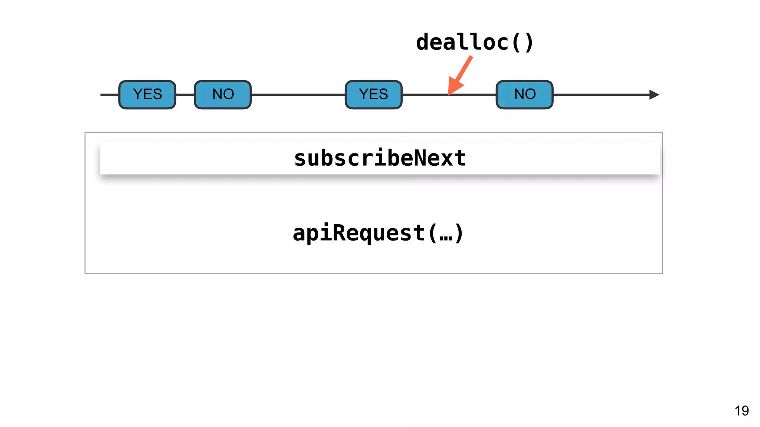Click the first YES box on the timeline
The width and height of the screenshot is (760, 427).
(x=147, y=95)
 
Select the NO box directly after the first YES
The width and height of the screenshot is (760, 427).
(x=223, y=95)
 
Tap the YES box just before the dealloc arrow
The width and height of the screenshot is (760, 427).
(x=373, y=95)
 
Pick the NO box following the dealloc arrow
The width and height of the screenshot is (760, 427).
(x=524, y=95)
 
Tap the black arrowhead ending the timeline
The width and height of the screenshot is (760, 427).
(x=654, y=95)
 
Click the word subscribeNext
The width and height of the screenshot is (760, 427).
(x=380, y=158)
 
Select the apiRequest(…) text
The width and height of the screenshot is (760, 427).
(x=378, y=233)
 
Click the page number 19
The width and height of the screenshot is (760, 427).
(x=741, y=411)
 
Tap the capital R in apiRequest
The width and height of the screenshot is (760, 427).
(x=339, y=233)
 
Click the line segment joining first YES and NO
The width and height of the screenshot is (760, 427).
(x=185, y=95)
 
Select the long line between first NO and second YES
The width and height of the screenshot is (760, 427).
(x=298, y=95)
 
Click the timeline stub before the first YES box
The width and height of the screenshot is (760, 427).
(x=109, y=95)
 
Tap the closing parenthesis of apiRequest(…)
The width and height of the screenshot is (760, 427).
(x=459, y=233)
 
